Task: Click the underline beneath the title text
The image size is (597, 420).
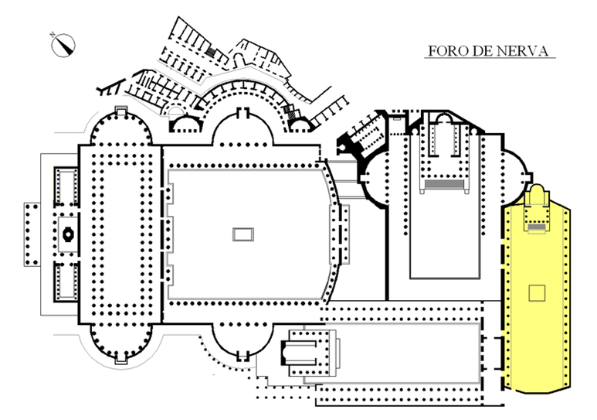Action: coord(490,58)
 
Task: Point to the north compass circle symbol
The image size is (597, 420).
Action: coord(63,46)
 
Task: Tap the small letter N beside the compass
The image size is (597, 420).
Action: coord(53,35)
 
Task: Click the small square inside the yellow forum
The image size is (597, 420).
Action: coord(537,293)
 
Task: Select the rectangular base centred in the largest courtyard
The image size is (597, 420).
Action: coord(243,234)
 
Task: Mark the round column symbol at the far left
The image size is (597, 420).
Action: coord(68,234)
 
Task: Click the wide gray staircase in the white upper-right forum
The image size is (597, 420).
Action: coord(444,185)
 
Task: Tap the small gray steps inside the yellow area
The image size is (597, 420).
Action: coord(537,227)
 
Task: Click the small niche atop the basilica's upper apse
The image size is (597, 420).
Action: coord(120,110)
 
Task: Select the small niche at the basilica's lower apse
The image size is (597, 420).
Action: coord(120,360)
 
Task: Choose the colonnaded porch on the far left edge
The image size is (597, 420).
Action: coord(32,234)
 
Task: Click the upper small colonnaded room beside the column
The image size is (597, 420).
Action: coord(66,186)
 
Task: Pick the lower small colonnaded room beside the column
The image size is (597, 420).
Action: coord(66,282)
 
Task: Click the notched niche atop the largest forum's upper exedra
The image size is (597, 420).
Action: coord(243,113)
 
